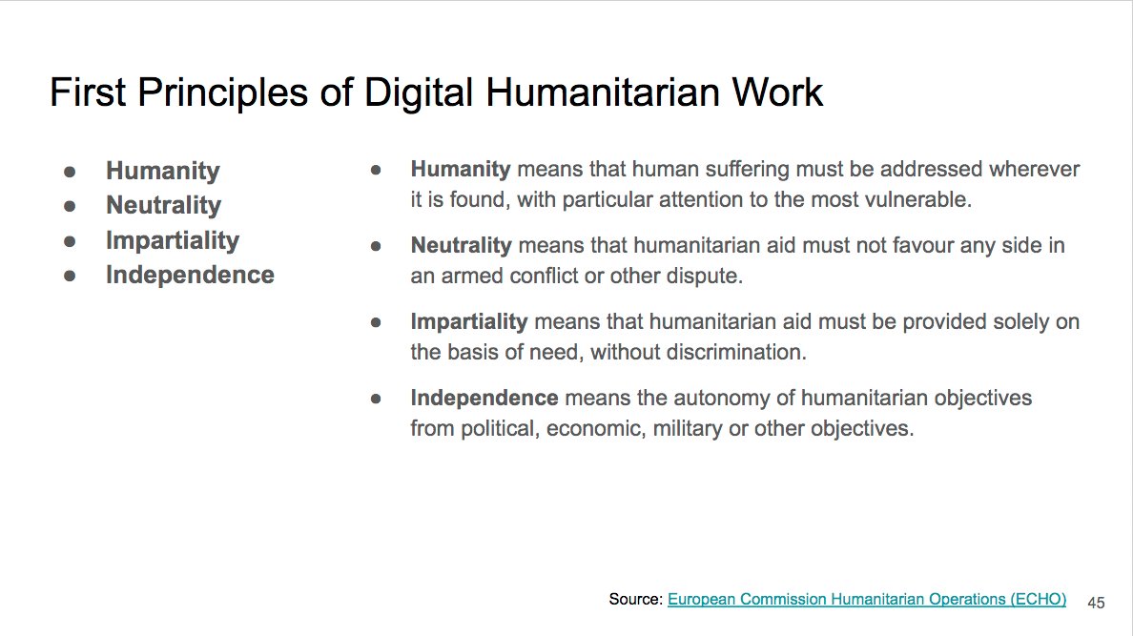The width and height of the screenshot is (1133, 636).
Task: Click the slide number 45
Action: (x=1096, y=603)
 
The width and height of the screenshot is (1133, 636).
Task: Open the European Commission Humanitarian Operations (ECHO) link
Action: (x=867, y=599)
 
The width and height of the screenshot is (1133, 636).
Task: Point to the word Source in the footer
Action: (x=634, y=599)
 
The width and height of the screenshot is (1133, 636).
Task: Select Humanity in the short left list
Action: (x=162, y=171)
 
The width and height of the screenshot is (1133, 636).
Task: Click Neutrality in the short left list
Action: (x=163, y=205)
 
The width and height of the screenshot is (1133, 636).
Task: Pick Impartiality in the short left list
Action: (x=172, y=240)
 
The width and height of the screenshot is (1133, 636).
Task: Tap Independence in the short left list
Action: (x=190, y=275)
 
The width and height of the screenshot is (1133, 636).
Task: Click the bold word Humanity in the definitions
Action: (x=461, y=170)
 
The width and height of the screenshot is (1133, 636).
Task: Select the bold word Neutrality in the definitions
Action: (x=462, y=245)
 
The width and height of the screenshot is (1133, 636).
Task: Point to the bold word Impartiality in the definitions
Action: (x=469, y=321)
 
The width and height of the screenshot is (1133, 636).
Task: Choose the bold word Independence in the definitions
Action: (x=484, y=398)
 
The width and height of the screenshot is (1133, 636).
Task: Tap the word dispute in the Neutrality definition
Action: (x=708, y=277)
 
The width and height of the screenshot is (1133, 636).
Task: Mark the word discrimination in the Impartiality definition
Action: (x=733, y=352)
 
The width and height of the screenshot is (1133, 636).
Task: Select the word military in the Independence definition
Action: (x=688, y=428)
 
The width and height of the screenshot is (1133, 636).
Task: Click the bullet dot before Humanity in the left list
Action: (x=70, y=172)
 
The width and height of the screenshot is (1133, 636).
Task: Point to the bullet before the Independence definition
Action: (x=376, y=399)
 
